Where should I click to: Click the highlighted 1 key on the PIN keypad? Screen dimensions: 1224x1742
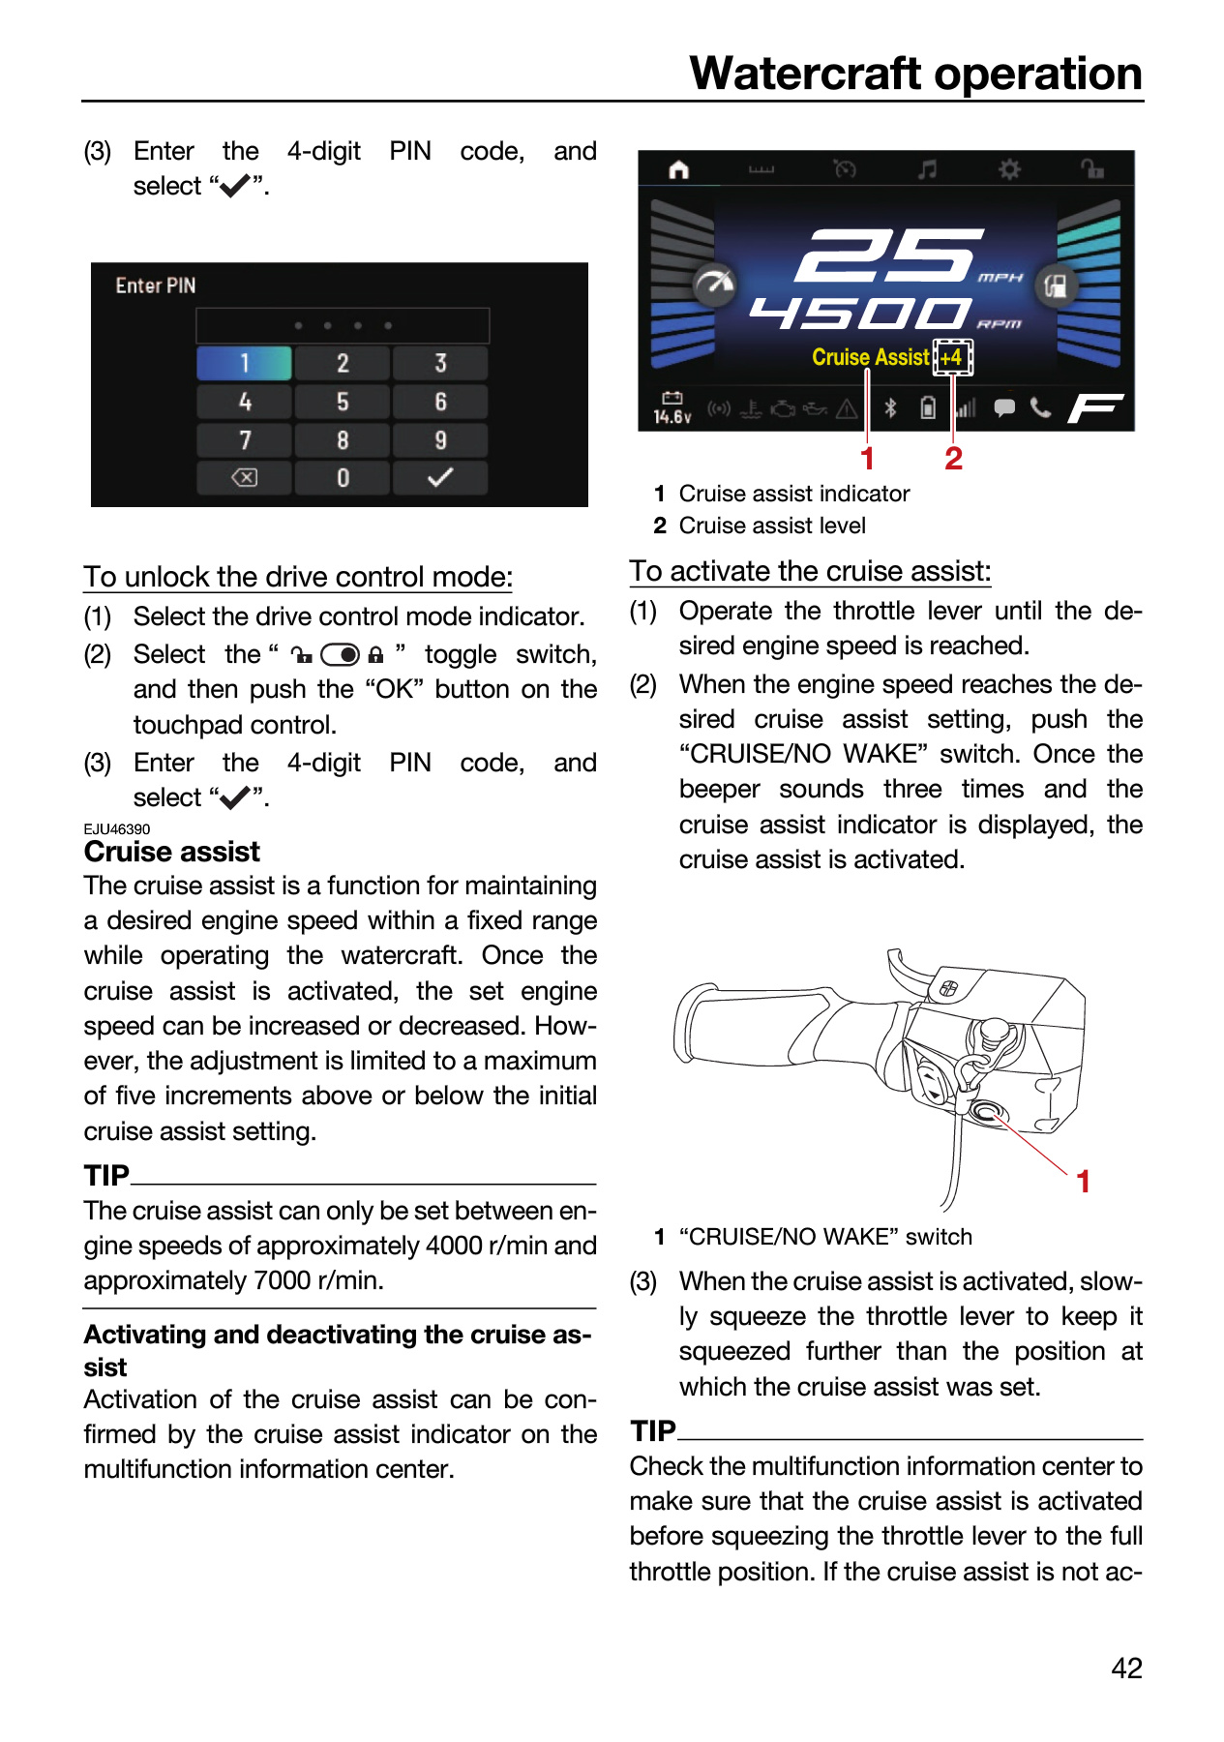coord(245,363)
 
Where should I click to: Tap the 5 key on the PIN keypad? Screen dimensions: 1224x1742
coord(343,402)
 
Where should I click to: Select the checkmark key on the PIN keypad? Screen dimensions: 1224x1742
coord(440,478)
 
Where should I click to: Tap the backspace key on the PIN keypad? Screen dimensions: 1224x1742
coord(245,478)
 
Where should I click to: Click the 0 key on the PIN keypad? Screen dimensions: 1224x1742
coord(343,478)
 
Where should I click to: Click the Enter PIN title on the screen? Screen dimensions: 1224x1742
coord(156,285)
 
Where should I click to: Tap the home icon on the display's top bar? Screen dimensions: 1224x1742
coord(679,170)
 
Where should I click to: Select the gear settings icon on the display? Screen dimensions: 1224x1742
coord(1009,169)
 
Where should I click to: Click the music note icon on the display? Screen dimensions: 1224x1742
coord(927,169)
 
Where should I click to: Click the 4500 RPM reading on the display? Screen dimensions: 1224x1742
coord(860,313)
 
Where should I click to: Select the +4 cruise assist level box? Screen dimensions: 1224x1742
coord(952,357)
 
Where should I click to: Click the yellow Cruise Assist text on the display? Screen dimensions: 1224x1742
coord(871,357)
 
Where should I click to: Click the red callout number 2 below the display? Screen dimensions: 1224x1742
coord(953,459)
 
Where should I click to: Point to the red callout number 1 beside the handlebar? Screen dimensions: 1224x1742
coord(1084,1182)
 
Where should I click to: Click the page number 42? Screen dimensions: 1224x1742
coord(1127,1668)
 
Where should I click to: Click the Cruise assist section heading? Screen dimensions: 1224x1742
coord(172,852)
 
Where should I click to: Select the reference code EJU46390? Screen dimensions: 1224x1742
coord(117,829)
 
